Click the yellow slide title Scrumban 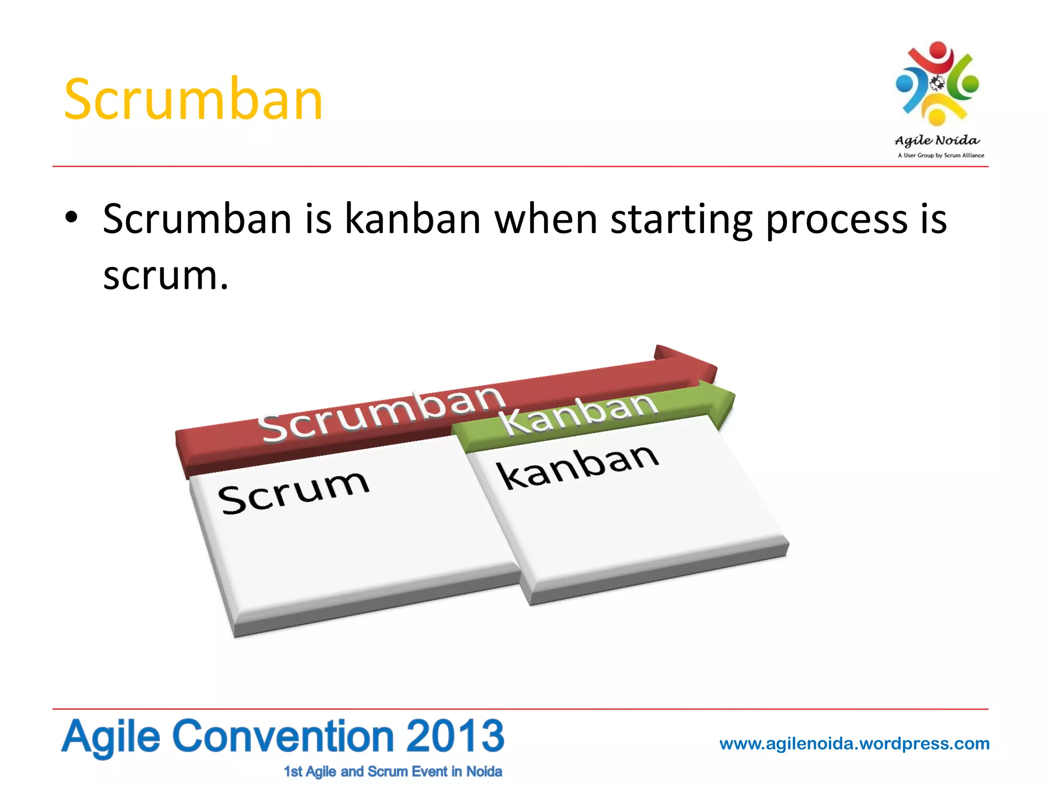click(193, 100)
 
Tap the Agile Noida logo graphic click(937, 84)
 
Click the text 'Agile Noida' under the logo click(937, 140)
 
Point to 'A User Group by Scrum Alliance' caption click(941, 155)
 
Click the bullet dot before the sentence click(71, 218)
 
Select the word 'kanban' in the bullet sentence click(412, 220)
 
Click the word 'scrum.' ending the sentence click(165, 276)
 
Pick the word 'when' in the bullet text click(546, 220)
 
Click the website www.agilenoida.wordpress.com click(854, 743)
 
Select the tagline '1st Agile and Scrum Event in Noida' click(393, 772)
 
